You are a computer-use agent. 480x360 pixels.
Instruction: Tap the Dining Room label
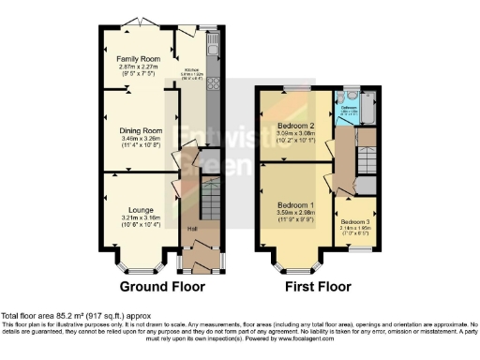(x=140, y=130)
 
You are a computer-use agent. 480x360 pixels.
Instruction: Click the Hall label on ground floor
(x=192, y=229)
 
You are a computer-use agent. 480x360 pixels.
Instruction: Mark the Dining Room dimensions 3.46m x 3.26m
(x=140, y=139)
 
